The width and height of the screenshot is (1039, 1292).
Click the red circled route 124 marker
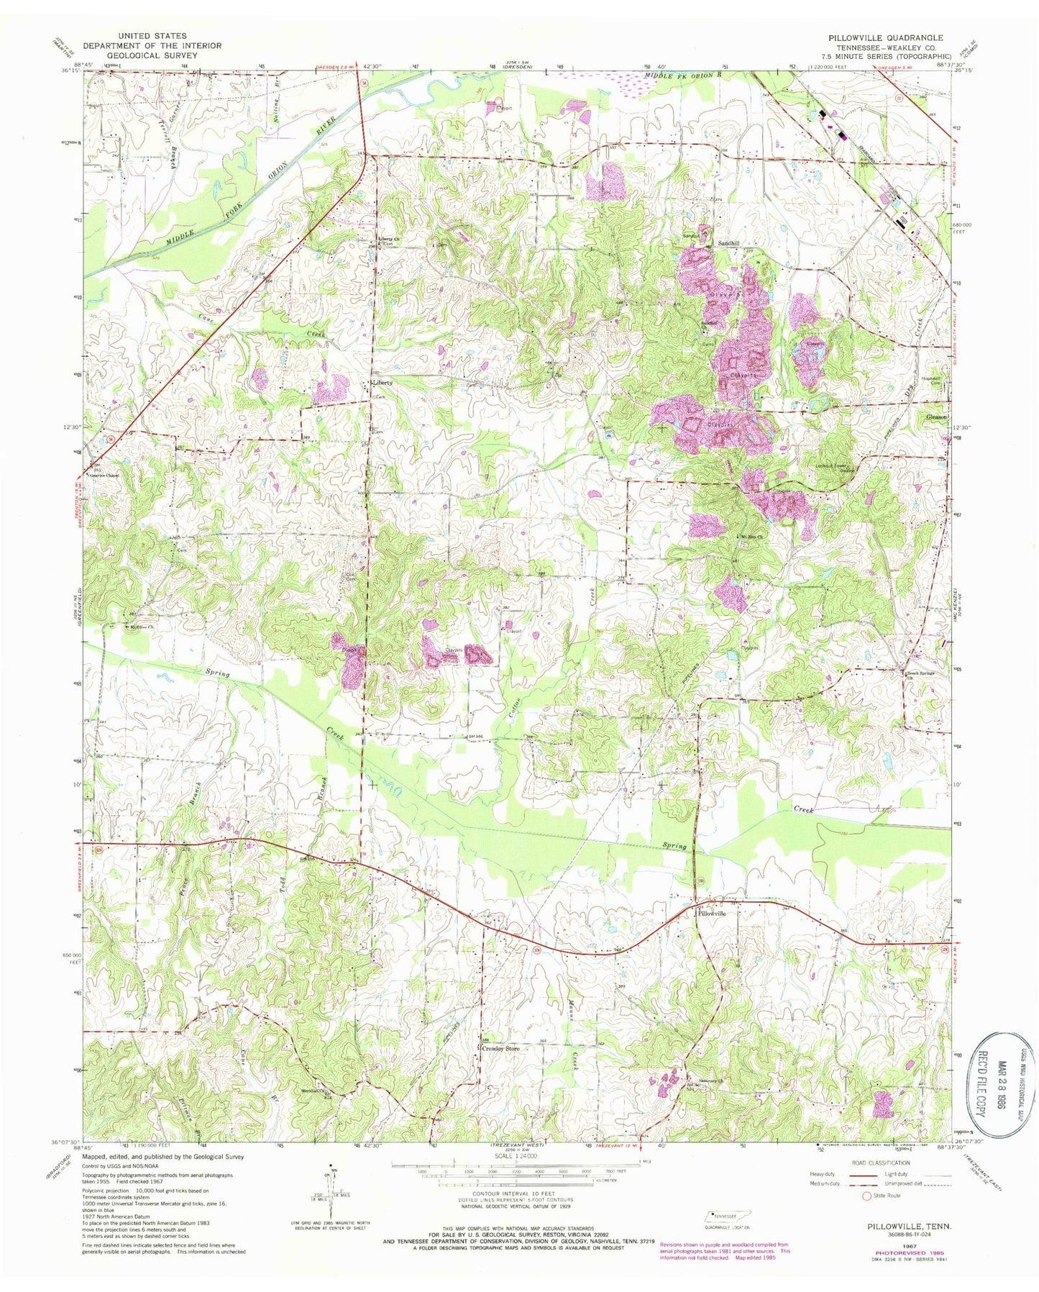click(x=536, y=950)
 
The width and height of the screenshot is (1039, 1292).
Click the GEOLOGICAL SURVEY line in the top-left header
click(x=142, y=55)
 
